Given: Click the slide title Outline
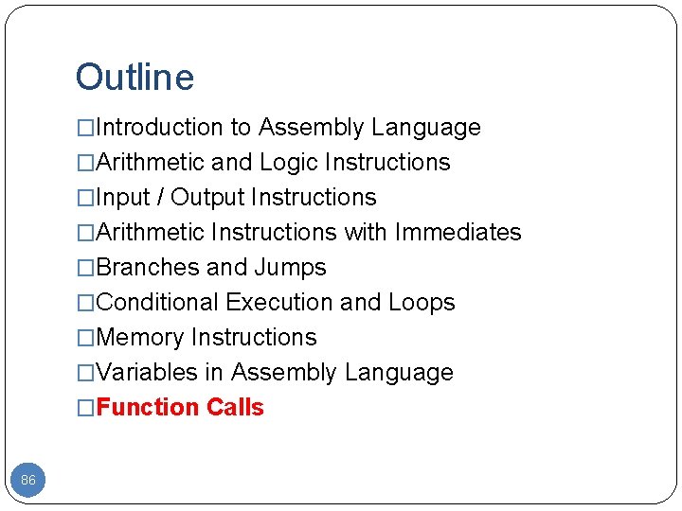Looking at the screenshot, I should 135,78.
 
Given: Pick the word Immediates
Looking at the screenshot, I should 458,233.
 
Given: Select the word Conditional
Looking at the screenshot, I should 157,303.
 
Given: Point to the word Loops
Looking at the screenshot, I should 422,303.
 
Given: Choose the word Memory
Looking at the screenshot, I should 140,338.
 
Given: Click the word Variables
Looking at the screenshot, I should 147,373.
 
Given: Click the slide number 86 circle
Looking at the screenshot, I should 28,481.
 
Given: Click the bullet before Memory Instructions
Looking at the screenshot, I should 86,338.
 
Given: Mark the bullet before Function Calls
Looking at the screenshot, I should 86,408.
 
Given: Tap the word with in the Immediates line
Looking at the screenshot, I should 366,233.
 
